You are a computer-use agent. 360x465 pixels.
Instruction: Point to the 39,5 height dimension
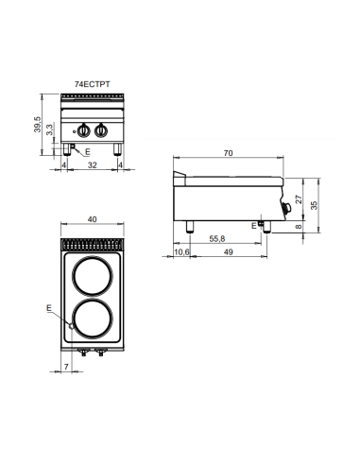point(37,125)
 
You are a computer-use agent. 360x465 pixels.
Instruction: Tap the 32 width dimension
point(91,165)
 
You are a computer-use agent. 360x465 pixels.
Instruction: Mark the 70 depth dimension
point(229,154)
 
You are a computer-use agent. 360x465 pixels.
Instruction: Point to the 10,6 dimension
point(182,253)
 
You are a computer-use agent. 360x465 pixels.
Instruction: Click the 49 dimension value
point(228,253)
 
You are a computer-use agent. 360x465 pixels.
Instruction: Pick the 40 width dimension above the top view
point(93,219)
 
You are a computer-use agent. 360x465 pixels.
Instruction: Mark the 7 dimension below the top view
point(66,366)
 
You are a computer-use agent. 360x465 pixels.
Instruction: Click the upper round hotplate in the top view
point(92,278)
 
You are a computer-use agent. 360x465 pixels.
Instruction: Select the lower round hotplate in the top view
point(92,321)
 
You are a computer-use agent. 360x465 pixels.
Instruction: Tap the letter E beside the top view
point(49,308)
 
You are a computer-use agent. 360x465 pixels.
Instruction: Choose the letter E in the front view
point(87,151)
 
